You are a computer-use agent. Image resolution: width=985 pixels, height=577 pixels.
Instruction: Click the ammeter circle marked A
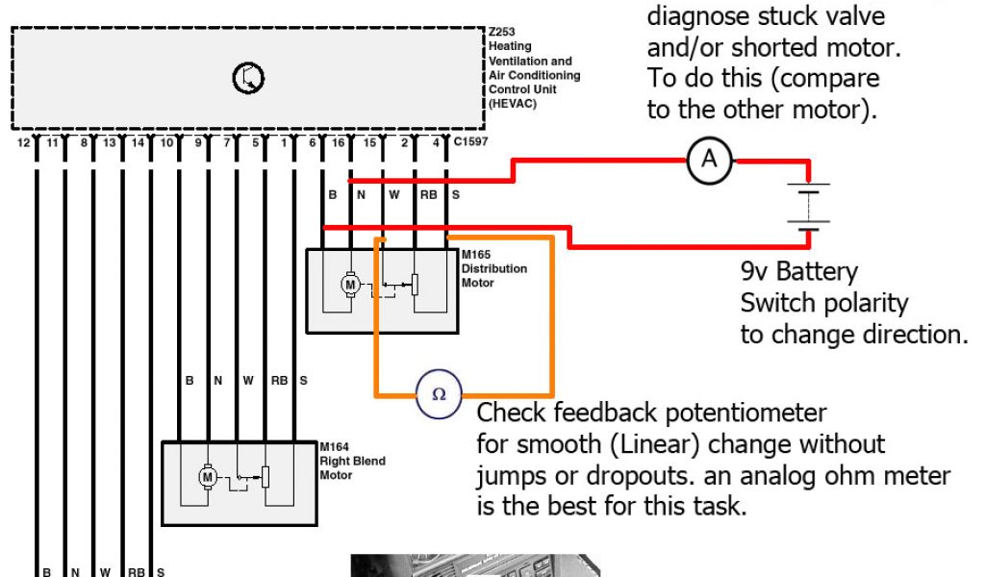point(709,161)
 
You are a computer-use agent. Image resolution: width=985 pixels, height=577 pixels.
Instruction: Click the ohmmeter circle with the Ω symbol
point(439,393)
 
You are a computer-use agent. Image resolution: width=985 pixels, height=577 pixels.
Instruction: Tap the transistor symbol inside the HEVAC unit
point(248,79)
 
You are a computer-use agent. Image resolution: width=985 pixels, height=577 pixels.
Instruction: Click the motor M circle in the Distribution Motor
point(350,285)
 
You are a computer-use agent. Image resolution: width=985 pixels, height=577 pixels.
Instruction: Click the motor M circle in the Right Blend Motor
point(207,475)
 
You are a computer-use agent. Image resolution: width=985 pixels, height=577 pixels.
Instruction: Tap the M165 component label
point(476,255)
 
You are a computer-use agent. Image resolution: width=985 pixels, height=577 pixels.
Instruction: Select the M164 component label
point(333,447)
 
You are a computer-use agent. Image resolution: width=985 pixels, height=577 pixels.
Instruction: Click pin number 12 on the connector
point(23,143)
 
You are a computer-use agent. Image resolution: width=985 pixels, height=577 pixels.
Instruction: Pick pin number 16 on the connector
point(338,143)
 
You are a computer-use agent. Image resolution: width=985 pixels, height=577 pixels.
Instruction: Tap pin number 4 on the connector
point(437,143)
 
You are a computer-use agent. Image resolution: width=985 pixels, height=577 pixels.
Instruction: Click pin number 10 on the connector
point(166,143)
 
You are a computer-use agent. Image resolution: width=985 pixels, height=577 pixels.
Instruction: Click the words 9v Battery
point(798,271)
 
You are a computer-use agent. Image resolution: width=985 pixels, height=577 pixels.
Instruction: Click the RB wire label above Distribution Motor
point(428,195)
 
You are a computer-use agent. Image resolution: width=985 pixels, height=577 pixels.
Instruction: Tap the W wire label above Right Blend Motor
point(248,382)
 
